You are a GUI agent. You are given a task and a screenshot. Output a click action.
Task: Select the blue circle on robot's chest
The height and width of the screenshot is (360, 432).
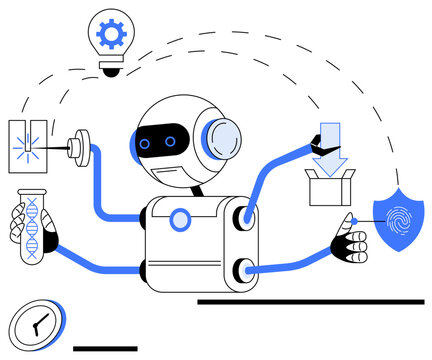180,219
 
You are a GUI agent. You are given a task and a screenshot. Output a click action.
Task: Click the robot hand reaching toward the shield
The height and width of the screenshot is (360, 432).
351,240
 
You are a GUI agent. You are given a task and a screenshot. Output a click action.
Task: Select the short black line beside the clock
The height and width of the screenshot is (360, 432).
106,348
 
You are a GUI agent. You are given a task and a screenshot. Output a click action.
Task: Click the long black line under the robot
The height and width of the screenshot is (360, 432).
310,301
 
